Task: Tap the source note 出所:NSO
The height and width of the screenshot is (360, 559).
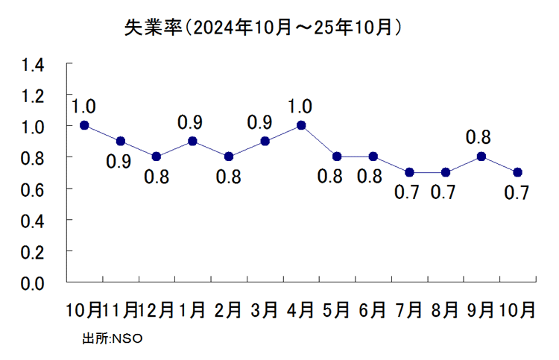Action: (x=113, y=339)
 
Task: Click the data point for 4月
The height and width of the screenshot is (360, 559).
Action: (x=301, y=125)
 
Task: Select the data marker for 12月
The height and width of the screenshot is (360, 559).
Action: (x=157, y=157)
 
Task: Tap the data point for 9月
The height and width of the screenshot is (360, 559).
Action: (x=481, y=157)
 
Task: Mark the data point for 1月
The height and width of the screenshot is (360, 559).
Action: (x=192, y=141)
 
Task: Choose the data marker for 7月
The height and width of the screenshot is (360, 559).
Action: (x=409, y=172)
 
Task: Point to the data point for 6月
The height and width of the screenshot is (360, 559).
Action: (x=373, y=157)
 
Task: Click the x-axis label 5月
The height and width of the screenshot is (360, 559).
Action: (x=336, y=309)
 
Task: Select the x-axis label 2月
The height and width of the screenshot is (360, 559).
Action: (x=228, y=309)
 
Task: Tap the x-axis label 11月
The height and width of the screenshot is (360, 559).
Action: (x=119, y=309)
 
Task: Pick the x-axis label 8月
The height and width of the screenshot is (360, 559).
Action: (x=445, y=309)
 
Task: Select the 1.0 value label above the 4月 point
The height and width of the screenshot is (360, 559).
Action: (x=300, y=106)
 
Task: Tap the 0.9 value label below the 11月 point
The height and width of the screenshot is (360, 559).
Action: (x=120, y=162)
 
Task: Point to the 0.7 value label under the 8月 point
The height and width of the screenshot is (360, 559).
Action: (x=445, y=193)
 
